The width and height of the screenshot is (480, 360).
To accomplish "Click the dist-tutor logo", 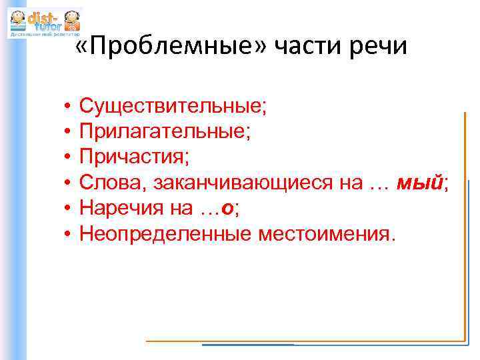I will [44, 23].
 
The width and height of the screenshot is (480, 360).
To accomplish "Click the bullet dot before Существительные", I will [68, 106].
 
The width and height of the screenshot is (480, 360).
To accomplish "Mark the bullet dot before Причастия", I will [68, 157].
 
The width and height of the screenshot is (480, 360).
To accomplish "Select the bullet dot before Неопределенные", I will [68, 234].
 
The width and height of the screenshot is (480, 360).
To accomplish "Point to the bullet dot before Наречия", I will [68, 209].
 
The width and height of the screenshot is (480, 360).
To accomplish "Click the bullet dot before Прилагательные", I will [68, 131].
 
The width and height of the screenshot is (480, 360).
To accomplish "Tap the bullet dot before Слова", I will [68, 183].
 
